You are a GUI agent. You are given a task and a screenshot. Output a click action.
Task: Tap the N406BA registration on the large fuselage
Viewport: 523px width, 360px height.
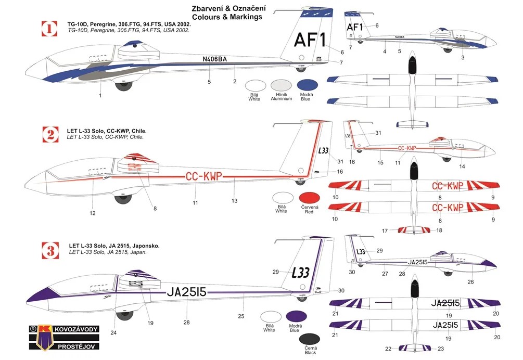[x=215, y=59]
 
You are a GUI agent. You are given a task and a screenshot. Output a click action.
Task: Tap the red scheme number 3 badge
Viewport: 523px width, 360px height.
[x=50, y=252]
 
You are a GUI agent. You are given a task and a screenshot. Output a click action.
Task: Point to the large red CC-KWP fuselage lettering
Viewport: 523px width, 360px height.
[x=204, y=176]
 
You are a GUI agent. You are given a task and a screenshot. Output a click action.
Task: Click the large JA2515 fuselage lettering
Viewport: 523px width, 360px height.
[x=187, y=292]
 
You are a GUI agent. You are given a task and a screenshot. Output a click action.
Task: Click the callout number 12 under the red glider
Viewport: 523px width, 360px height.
[x=93, y=213]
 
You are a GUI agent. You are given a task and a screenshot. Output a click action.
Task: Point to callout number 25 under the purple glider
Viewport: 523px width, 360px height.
[x=241, y=316]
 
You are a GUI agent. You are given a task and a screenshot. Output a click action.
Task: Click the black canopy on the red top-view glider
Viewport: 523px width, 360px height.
[x=414, y=170]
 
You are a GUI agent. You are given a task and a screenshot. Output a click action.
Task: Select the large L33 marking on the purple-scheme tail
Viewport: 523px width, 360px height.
[x=300, y=273]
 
